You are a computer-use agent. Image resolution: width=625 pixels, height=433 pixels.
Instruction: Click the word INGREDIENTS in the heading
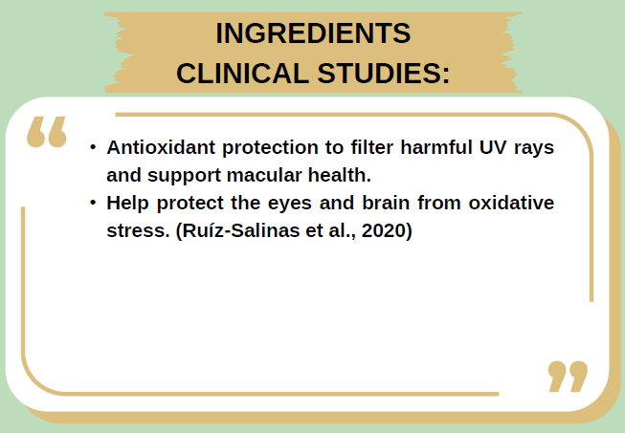313,32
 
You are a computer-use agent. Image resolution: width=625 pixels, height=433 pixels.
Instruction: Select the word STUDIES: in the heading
390,73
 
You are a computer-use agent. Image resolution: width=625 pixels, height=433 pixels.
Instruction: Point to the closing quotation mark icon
568,376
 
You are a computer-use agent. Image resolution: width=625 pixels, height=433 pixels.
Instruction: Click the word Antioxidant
158,148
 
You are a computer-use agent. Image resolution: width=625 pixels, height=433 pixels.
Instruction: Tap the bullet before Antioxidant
93,148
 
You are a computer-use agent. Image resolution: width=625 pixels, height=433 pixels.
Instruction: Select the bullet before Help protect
93,204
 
